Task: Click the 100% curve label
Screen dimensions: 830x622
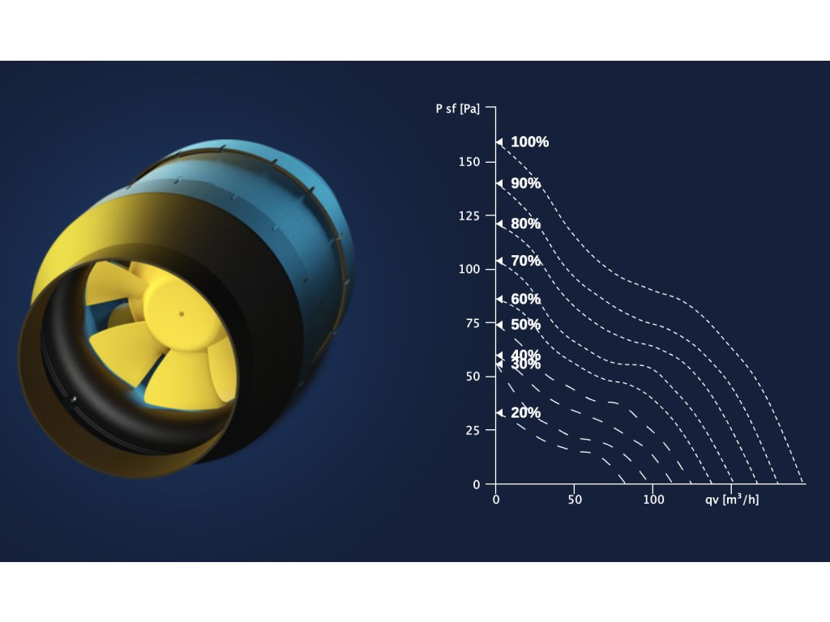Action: click(530, 142)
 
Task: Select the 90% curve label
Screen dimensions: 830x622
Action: click(525, 183)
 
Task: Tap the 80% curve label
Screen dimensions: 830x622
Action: click(525, 224)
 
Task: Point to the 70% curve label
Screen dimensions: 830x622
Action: click(525, 261)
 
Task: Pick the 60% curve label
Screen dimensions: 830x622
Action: click(525, 299)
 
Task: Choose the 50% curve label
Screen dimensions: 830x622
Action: click(525, 324)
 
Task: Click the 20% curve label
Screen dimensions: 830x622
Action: click(525, 412)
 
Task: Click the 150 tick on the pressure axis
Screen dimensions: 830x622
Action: click(469, 162)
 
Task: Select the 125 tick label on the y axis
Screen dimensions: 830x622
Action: click(469, 215)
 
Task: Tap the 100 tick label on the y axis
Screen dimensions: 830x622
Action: click(469, 269)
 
